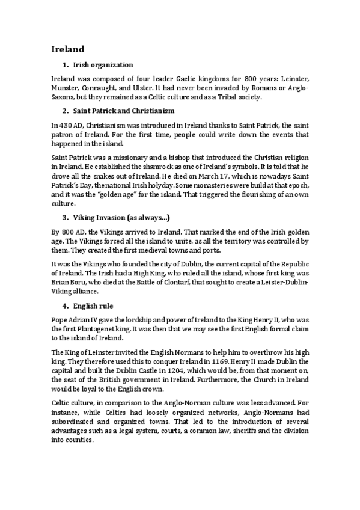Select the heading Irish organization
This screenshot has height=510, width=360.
[x=103, y=65]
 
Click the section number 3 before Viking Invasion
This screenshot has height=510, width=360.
[x=64, y=216]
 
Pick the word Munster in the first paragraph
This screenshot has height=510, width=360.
[x=66, y=88]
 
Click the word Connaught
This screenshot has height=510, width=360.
[x=108, y=88]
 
